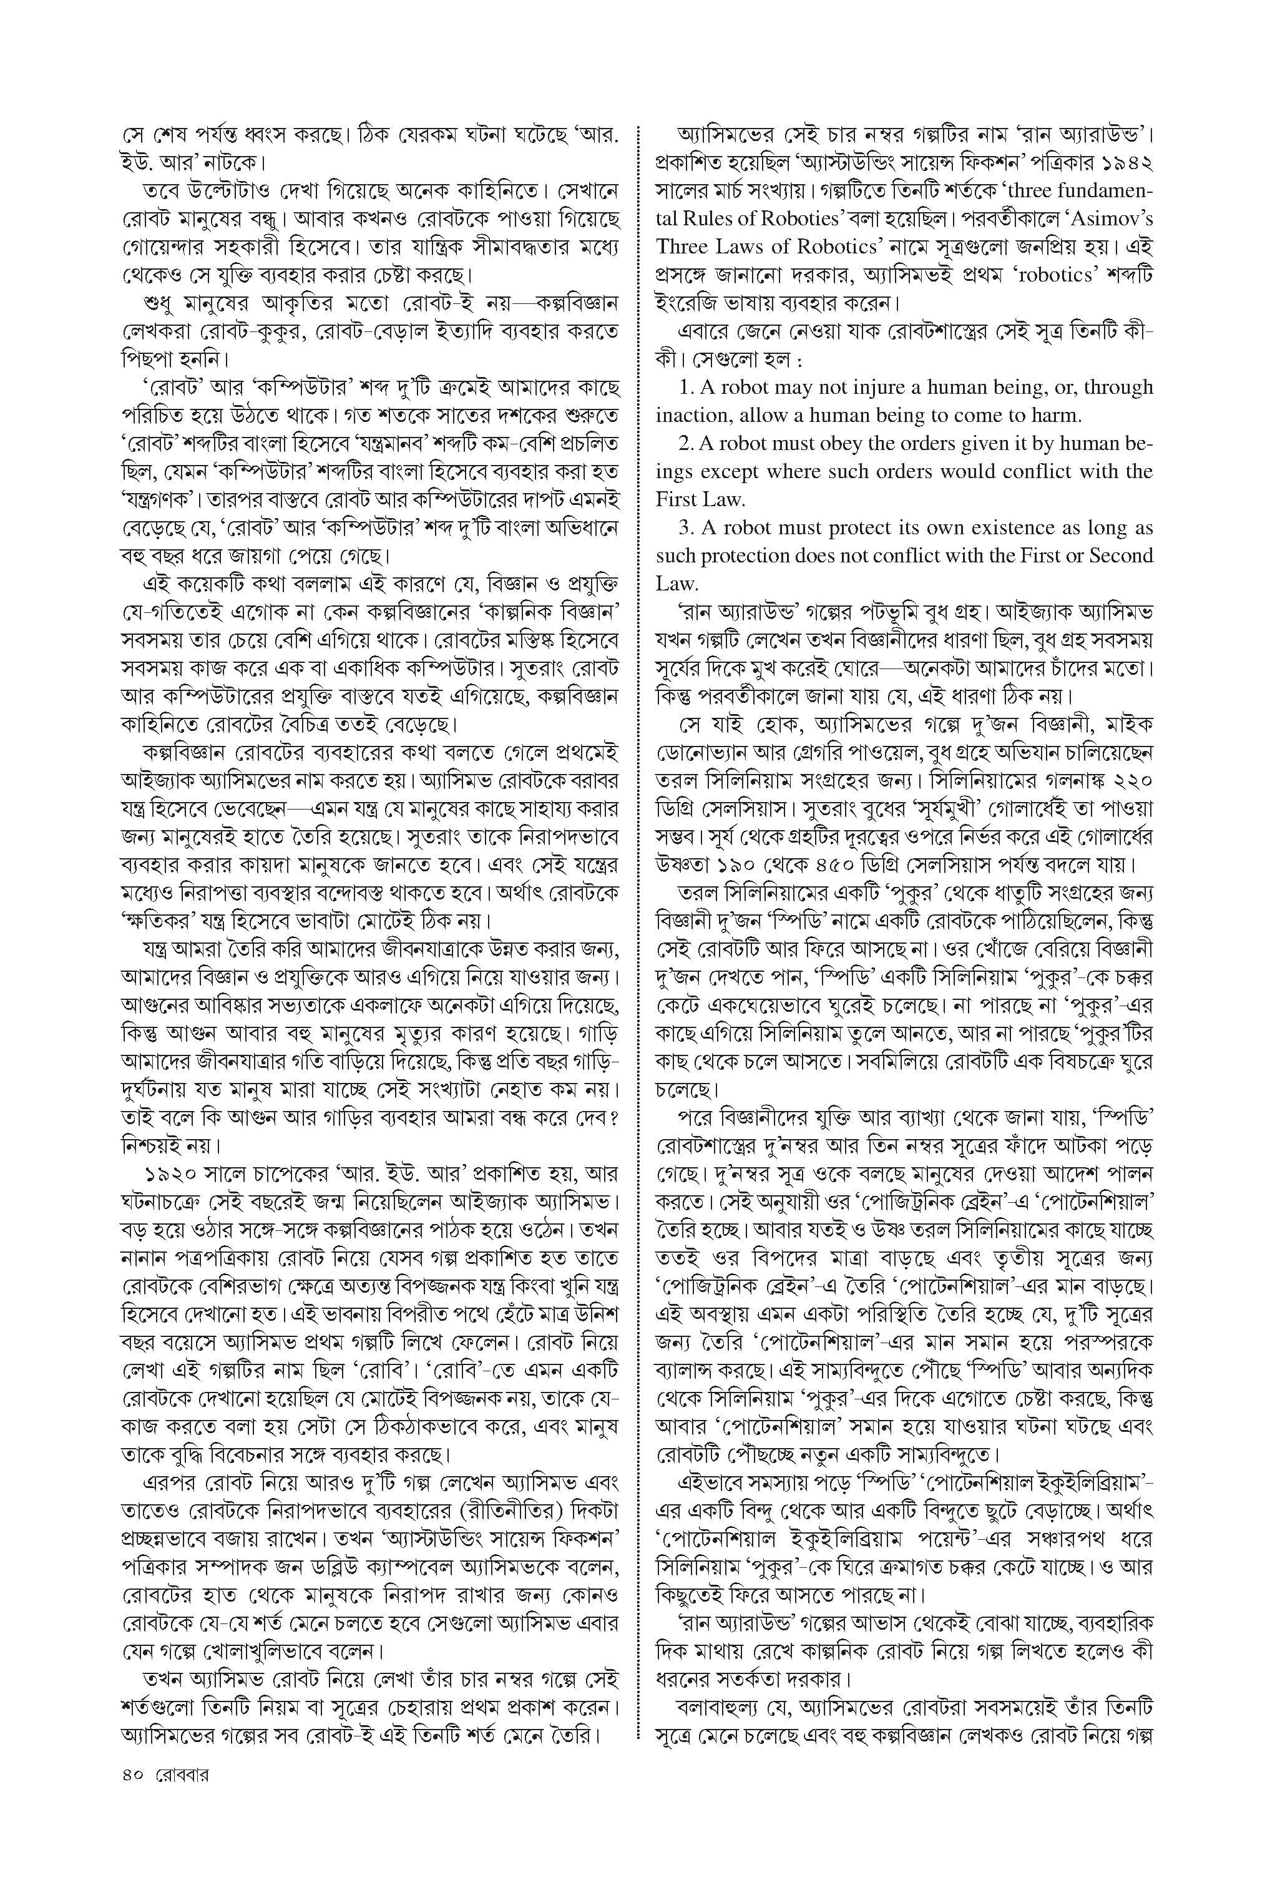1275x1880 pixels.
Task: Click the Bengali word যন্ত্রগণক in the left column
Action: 159,500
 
